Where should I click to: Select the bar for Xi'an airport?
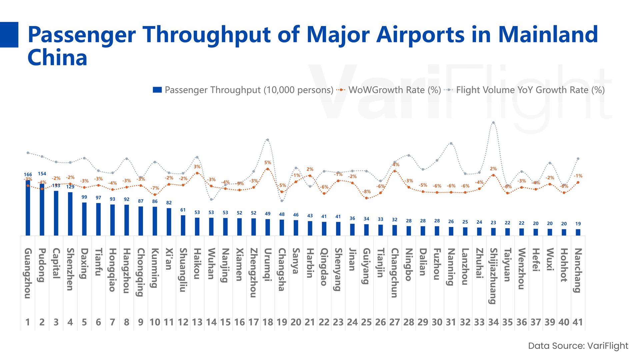click(x=169, y=222)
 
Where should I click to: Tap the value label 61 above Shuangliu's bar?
click(x=183, y=210)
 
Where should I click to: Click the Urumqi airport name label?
click(x=268, y=265)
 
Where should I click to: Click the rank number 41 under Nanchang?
click(x=578, y=322)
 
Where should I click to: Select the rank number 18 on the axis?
click(x=268, y=322)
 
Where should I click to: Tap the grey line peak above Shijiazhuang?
click(x=493, y=123)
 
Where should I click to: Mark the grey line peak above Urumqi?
click(x=268, y=140)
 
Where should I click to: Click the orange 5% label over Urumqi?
click(x=268, y=163)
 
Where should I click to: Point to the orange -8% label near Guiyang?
click(x=367, y=192)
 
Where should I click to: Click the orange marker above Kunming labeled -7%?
click(x=155, y=195)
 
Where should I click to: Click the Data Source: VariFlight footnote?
click(x=578, y=346)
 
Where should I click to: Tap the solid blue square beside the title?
click(x=9, y=35)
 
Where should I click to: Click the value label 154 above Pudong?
click(x=42, y=174)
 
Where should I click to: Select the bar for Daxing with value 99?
click(x=84, y=219)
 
